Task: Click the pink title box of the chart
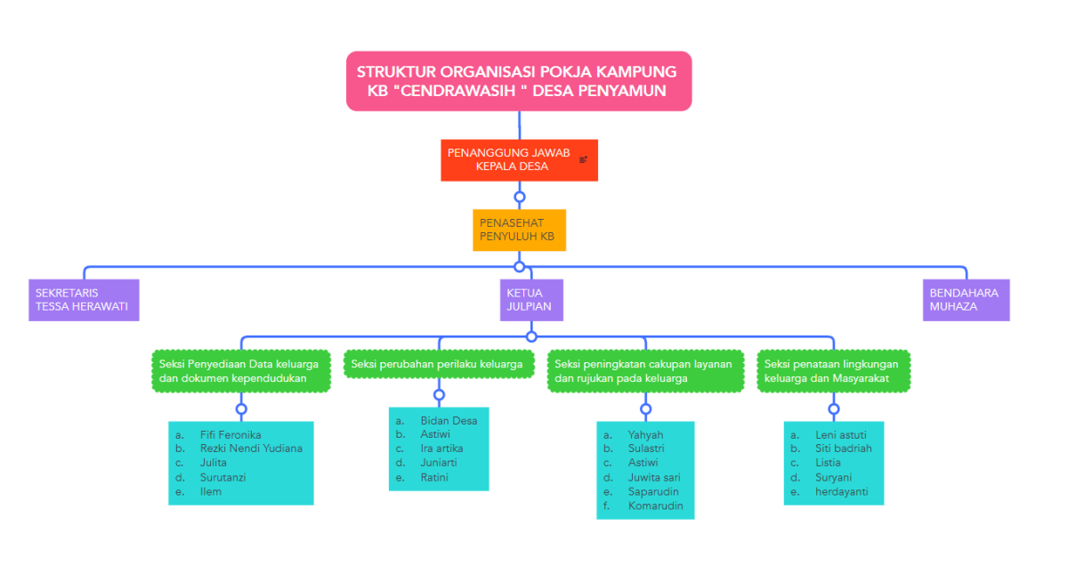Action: click(x=518, y=81)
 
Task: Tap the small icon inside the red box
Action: click(x=583, y=160)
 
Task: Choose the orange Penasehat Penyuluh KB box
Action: click(x=519, y=230)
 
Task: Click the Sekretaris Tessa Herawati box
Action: click(x=84, y=300)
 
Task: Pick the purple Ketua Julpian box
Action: click(x=531, y=300)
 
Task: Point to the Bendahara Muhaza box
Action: click(x=966, y=300)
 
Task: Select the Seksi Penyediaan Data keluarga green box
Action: click(x=240, y=371)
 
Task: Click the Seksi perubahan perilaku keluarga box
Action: click(x=438, y=364)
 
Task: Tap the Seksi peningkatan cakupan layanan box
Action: click(x=645, y=371)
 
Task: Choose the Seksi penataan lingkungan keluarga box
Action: click(x=834, y=371)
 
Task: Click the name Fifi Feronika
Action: click(x=231, y=435)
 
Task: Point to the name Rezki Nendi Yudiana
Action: click(x=251, y=449)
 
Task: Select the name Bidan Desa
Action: click(x=449, y=421)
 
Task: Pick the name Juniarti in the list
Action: click(x=439, y=463)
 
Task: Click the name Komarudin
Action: click(x=655, y=505)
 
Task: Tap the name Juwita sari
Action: click(x=654, y=477)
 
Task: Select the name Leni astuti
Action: click(x=840, y=435)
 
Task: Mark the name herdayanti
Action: click(x=842, y=491)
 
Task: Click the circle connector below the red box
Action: click(x=520, y=197)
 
